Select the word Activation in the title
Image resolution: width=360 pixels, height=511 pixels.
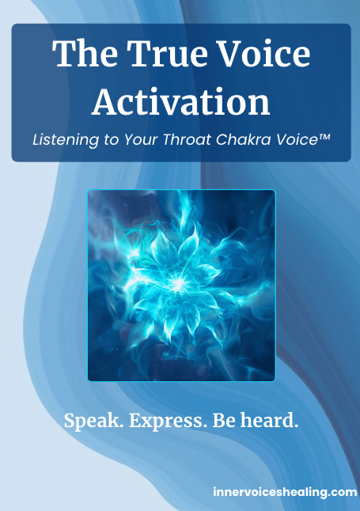click(x=181, y=101)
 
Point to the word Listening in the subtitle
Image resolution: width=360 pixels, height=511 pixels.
click(x=66, y=140)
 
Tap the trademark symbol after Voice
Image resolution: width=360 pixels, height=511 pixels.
click(x=324, y=137)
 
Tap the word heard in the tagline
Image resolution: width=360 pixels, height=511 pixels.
click(x=267, y=420)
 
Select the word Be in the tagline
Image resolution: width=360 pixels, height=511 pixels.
click(x=225, y=421)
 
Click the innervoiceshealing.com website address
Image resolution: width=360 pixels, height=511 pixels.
click(x=285, y=492)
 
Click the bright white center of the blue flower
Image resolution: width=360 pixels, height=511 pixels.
click(x=177, y=284)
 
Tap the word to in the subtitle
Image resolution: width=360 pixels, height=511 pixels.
click(x=112, y=140)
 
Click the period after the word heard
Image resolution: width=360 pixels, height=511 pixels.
click(x=296, y=426)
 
